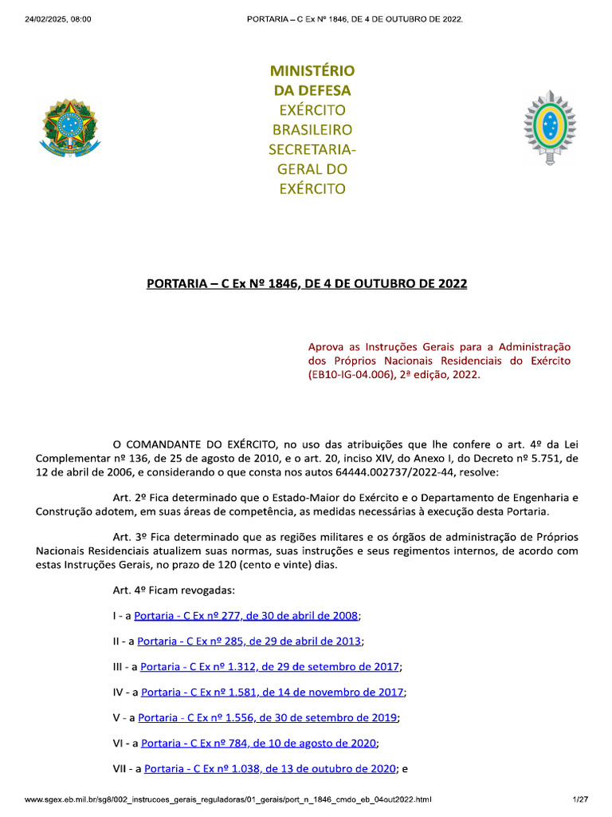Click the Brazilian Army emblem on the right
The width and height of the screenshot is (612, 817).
pyautogui.click(x=548, y=128)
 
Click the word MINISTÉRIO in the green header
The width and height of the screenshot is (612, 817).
pyautogui.click(x=312, y=71)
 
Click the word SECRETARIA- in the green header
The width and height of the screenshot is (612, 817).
pyautogui.click(x=312, y=149)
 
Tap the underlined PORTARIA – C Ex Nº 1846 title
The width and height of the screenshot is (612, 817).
pyautogui.click(x=307, y=284)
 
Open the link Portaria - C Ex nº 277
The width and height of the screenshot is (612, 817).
pyautogui.click(x=246, y=616)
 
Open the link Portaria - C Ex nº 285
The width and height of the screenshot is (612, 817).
pyautogui.click(x=249, y=641)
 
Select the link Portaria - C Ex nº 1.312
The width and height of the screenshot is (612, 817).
pyautogui.click(x=270, y=667)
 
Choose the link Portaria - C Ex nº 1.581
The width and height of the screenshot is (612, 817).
pyautogui.click(x=272, y=693)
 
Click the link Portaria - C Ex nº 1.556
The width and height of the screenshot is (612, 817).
pyautogui.click(x=268, y=718)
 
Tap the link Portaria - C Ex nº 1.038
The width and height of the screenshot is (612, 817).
pyautogui.click(x=269, y=769)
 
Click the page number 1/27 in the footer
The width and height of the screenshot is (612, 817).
pyautogui.click(x=579, y=799)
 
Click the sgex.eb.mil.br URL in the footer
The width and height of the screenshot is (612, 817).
pyautogui.click(x=228, y=799)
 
